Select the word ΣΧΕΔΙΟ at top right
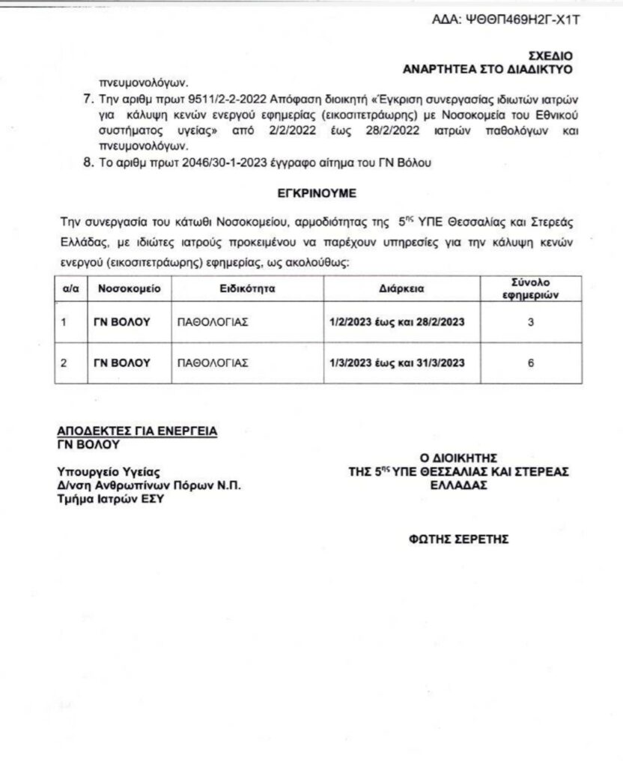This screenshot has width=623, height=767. tap(550, 55)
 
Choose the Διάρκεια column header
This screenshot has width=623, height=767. tap(397, 288)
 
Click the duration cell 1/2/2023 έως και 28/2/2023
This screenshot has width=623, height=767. tap(397, 323)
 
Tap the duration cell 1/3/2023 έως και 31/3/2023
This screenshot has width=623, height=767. tap(397, 363)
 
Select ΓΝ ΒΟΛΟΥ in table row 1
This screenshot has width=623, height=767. tap(122, 323)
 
